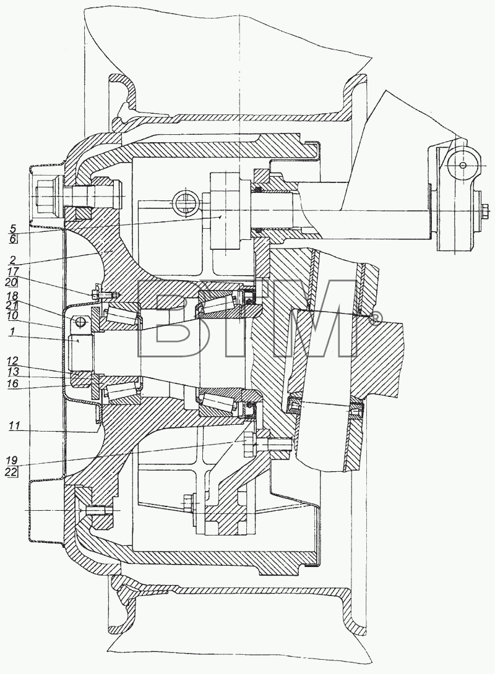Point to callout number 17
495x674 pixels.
click(x=13, y=272)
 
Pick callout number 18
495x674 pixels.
click(x=13, y=296)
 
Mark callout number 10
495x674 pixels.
click(x=13, y=315)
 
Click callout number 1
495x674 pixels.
click(x=13, y=331)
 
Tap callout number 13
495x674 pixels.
click(x=13, y=373)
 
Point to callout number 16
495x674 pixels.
click(x=13, y=383)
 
